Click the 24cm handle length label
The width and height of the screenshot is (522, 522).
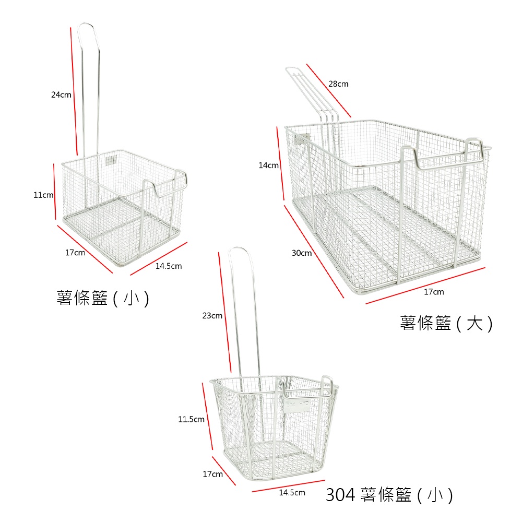click(61, 95)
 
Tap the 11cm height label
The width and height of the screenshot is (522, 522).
click(43, 195)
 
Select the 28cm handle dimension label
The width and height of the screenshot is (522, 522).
click(338, 84)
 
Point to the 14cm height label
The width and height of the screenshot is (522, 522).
click(268, 165)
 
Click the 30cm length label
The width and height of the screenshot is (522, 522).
click(302, 253)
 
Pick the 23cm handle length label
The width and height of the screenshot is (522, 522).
click(212, 316)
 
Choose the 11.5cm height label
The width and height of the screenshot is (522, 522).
click(191, 419)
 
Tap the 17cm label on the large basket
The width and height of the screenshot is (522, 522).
click(434, 292)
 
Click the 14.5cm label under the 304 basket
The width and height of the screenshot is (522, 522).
click(292, 492)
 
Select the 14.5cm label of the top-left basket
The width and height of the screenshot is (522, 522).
click(169, 266)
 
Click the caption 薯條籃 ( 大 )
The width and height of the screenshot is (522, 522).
click(446, 323)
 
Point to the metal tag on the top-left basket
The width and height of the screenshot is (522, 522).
click(111, 160)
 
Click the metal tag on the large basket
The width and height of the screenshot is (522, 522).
click(303, 139)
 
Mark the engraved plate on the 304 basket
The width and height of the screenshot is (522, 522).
click(298, 406)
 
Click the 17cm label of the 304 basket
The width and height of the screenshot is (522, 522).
click(213, 474)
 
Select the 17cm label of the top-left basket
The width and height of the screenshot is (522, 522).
click(75, 253)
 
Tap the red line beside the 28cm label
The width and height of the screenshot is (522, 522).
click(328, 90)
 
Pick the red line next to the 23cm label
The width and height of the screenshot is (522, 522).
click(224, 312)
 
